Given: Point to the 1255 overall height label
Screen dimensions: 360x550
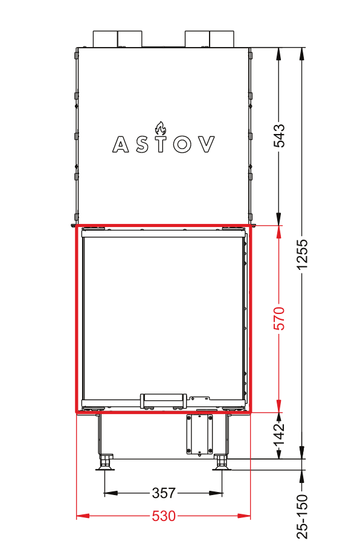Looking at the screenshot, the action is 302,255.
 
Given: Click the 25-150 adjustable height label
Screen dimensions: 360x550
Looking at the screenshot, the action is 302,516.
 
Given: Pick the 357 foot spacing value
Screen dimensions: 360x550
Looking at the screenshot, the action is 164,493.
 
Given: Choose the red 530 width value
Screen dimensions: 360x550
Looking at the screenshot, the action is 164,516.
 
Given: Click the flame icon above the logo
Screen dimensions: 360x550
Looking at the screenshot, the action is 161,129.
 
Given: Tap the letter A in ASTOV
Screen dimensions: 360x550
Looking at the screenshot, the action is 121,144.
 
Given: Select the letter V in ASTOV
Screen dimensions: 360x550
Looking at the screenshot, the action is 206,144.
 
